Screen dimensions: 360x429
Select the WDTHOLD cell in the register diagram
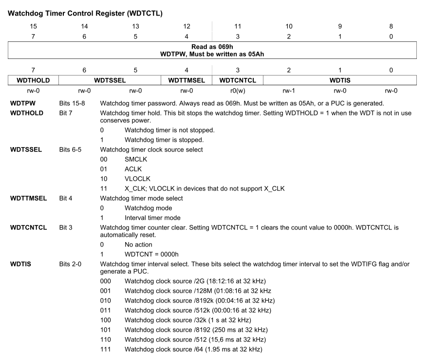pos(33,79)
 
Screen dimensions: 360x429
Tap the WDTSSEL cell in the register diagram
pos(110,79)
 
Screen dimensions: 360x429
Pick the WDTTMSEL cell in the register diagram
pos(187,79)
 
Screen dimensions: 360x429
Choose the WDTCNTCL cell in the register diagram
pos(238,79)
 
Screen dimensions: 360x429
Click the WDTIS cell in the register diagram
pos(340,79)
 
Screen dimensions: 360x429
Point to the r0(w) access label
pos(238,90)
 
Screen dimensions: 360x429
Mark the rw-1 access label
pos(289,90)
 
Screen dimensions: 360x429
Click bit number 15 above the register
pos(33,26)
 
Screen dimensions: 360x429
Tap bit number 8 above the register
pos(391,26)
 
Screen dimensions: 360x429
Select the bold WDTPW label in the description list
pos(22,104)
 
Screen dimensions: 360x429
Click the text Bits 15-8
pos(72,104)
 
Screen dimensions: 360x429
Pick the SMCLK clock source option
pos(136,159)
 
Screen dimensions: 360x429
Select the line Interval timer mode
pos(152,217)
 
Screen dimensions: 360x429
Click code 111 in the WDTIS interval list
pos(105,349)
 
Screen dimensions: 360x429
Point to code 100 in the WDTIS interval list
pos(105,320)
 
